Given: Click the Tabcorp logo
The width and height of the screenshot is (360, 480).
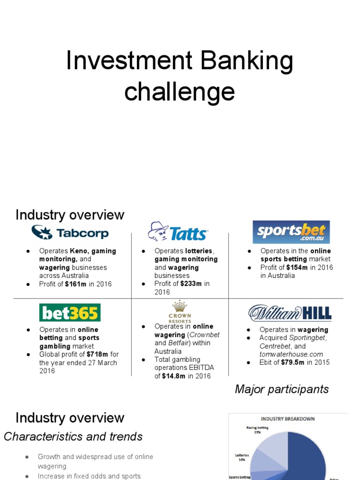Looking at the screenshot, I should point(70,232).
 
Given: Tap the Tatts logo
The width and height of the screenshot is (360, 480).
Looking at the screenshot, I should point(178,232).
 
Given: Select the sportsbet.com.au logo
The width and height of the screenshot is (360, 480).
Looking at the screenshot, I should point(291,232).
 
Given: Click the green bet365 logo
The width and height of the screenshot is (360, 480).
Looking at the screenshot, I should point(69,313).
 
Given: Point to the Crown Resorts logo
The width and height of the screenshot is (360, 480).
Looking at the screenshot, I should point(180,311).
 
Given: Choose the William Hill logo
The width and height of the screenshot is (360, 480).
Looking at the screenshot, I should point(290,313).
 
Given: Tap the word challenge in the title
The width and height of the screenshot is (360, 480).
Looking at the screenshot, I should point(180,91).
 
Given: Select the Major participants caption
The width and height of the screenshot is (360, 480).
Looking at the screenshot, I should point(282,389).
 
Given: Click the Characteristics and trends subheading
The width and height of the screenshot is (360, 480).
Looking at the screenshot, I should point(73,436).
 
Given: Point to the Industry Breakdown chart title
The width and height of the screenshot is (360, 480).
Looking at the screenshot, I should point(288,419).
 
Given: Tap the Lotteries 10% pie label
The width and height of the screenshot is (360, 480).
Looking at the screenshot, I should point(241,457).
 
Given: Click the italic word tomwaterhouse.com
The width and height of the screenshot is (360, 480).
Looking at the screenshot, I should point(291,354).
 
